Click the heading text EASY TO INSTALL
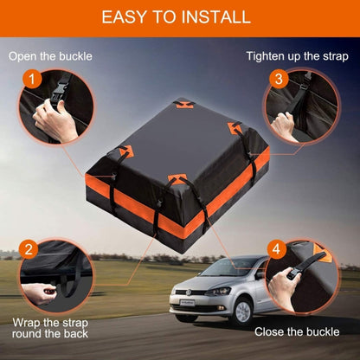coord(179,17)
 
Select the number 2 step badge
coord(29,251)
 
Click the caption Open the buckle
coord(50,56)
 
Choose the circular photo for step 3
coord(303,108)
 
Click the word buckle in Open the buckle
coord(73,56)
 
